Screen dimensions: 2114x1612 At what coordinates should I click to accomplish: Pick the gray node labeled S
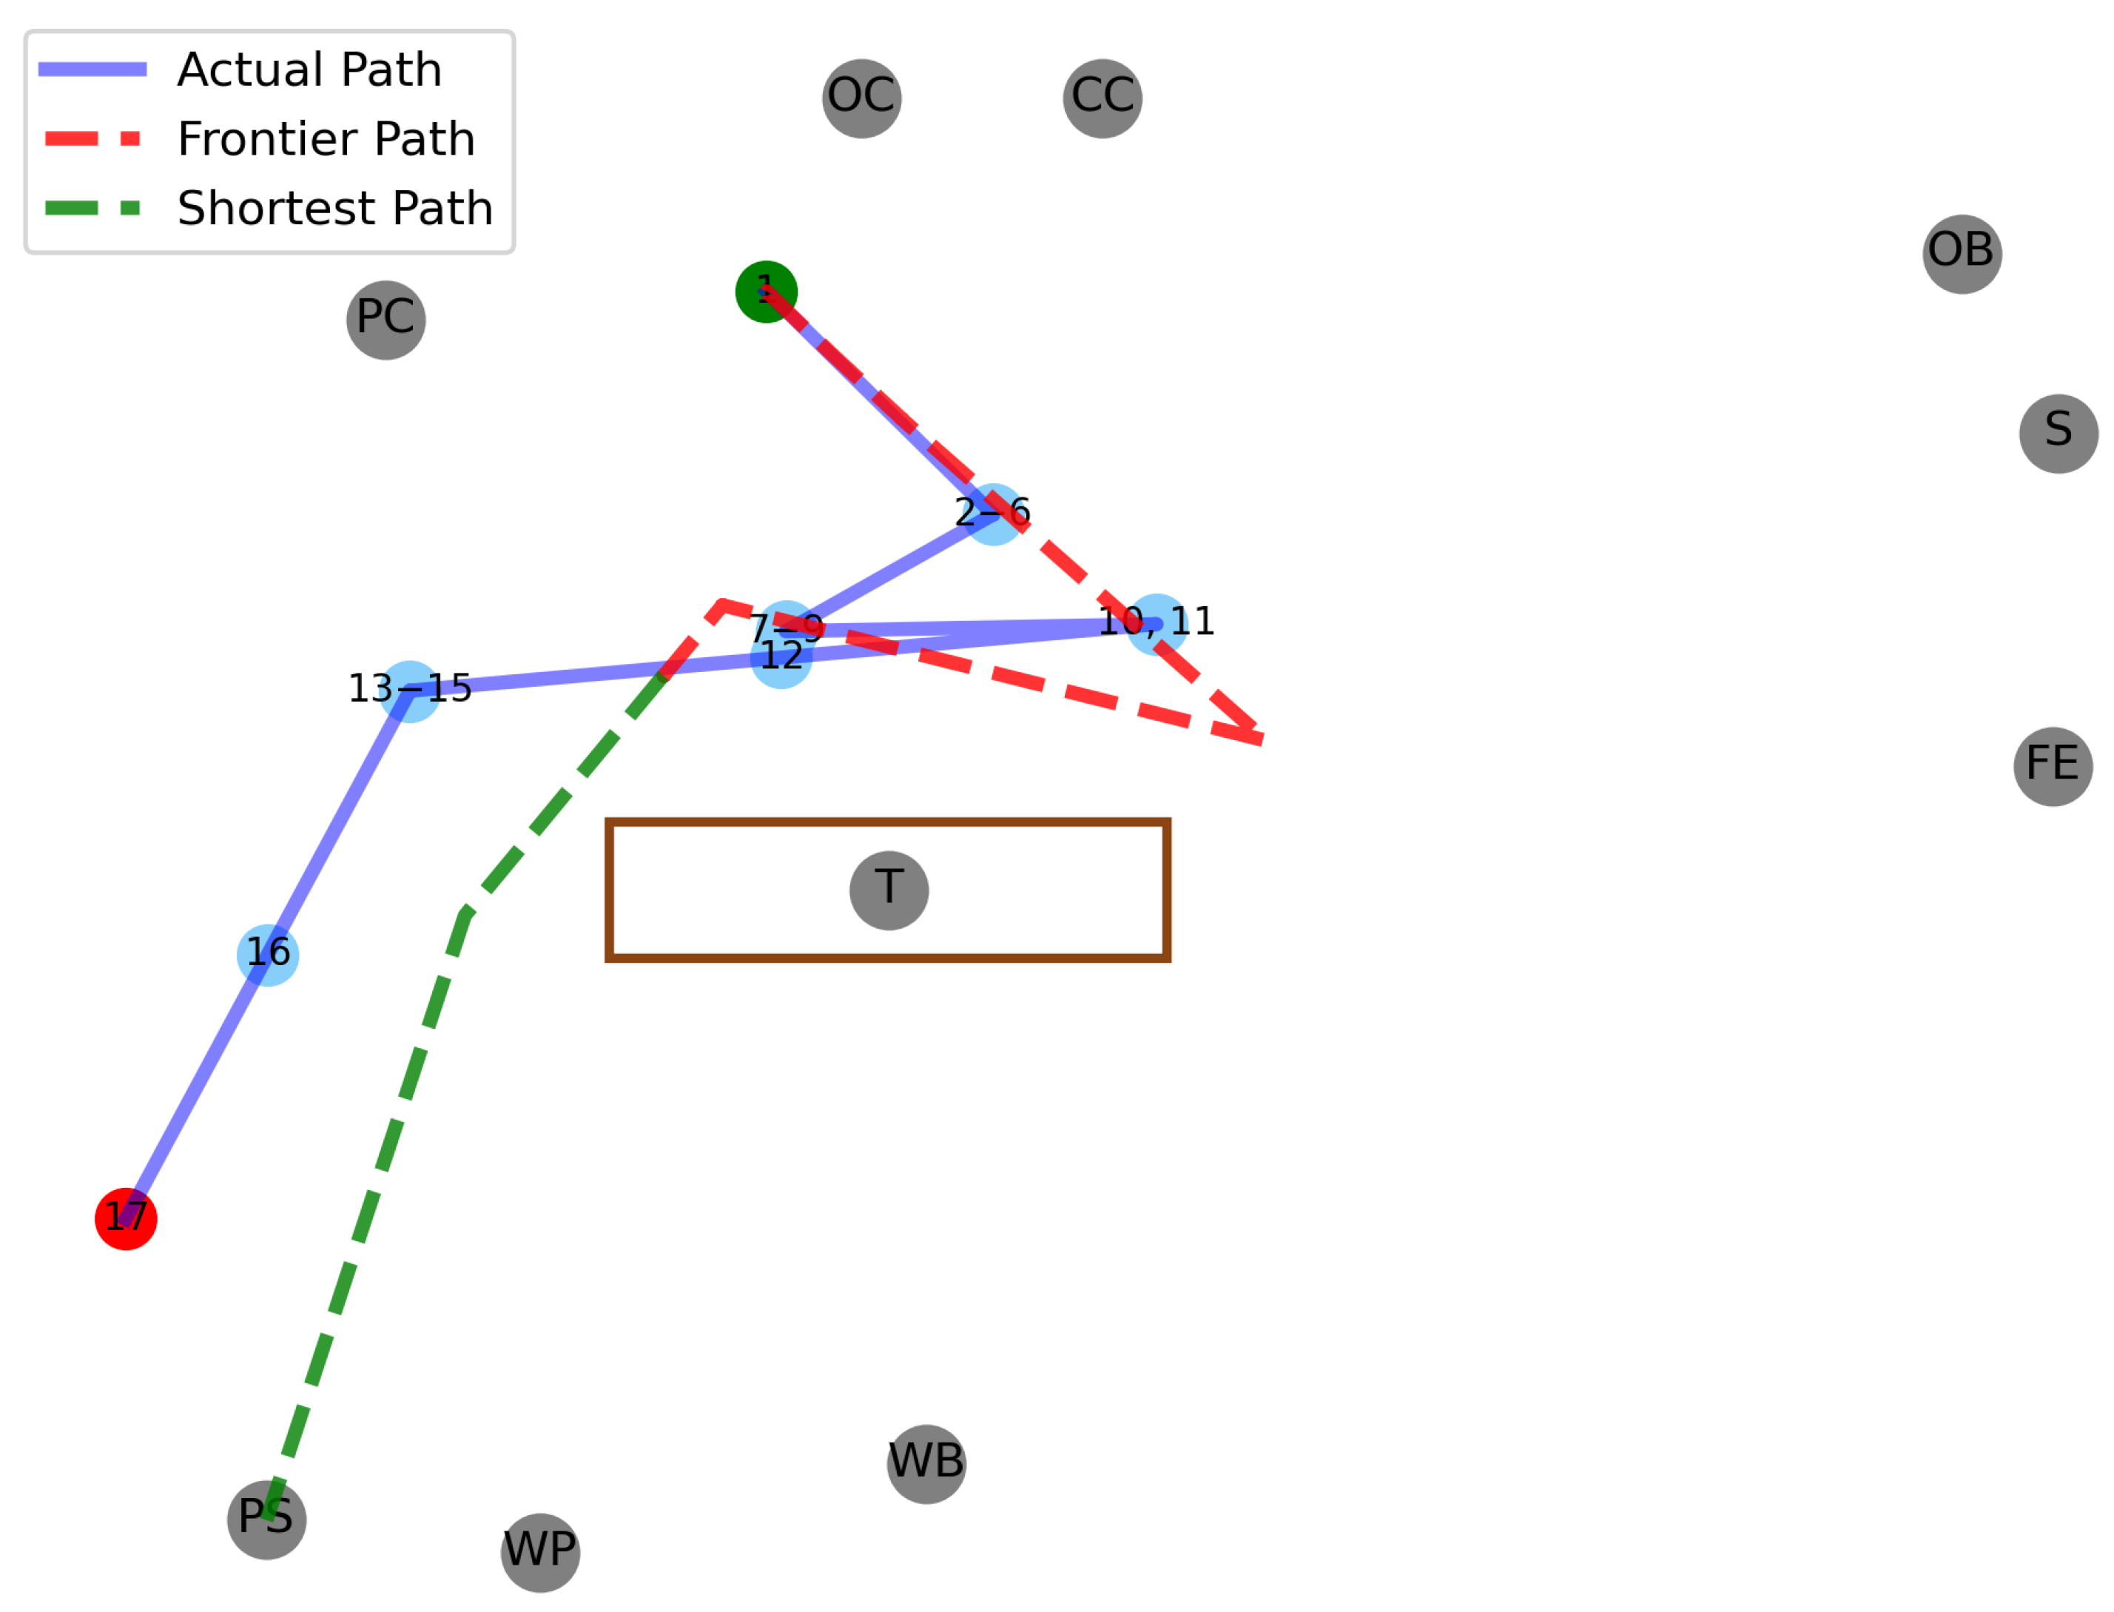pyautogui.click(x=2059, y=433)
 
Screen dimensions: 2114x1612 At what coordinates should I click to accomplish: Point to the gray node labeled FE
pyautogui.click(x=2053, y=766)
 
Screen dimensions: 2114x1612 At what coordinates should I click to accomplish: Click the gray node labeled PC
pyautogui.click(x=386, y=320)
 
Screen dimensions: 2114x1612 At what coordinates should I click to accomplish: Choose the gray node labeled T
pyautogui.click(x=888, y=890)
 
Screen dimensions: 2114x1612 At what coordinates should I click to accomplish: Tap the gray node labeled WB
pyautogui.click(x=926, y=1463)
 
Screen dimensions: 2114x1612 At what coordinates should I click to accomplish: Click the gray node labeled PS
pyautogui.click(x=266, y=1519)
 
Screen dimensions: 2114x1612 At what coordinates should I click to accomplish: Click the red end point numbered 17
pyautogui.click(x=126, y=1218)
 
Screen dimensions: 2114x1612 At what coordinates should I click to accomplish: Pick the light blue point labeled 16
pyautogui.click(x=268, y=955)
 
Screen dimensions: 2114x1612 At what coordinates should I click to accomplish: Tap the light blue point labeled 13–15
pyautogui.click(x=410, y=691)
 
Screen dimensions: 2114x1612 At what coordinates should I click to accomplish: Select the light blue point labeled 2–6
pyautogui.click(x=993, y=514)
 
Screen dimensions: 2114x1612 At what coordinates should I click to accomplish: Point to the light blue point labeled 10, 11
pyautogui.click(x=1156, y=625)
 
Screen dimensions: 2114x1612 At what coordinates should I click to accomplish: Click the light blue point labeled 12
pyautogui.click(x=781, y=657)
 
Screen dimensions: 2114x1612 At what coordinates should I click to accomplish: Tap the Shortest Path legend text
pyautogui.click(x=334, y=208)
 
